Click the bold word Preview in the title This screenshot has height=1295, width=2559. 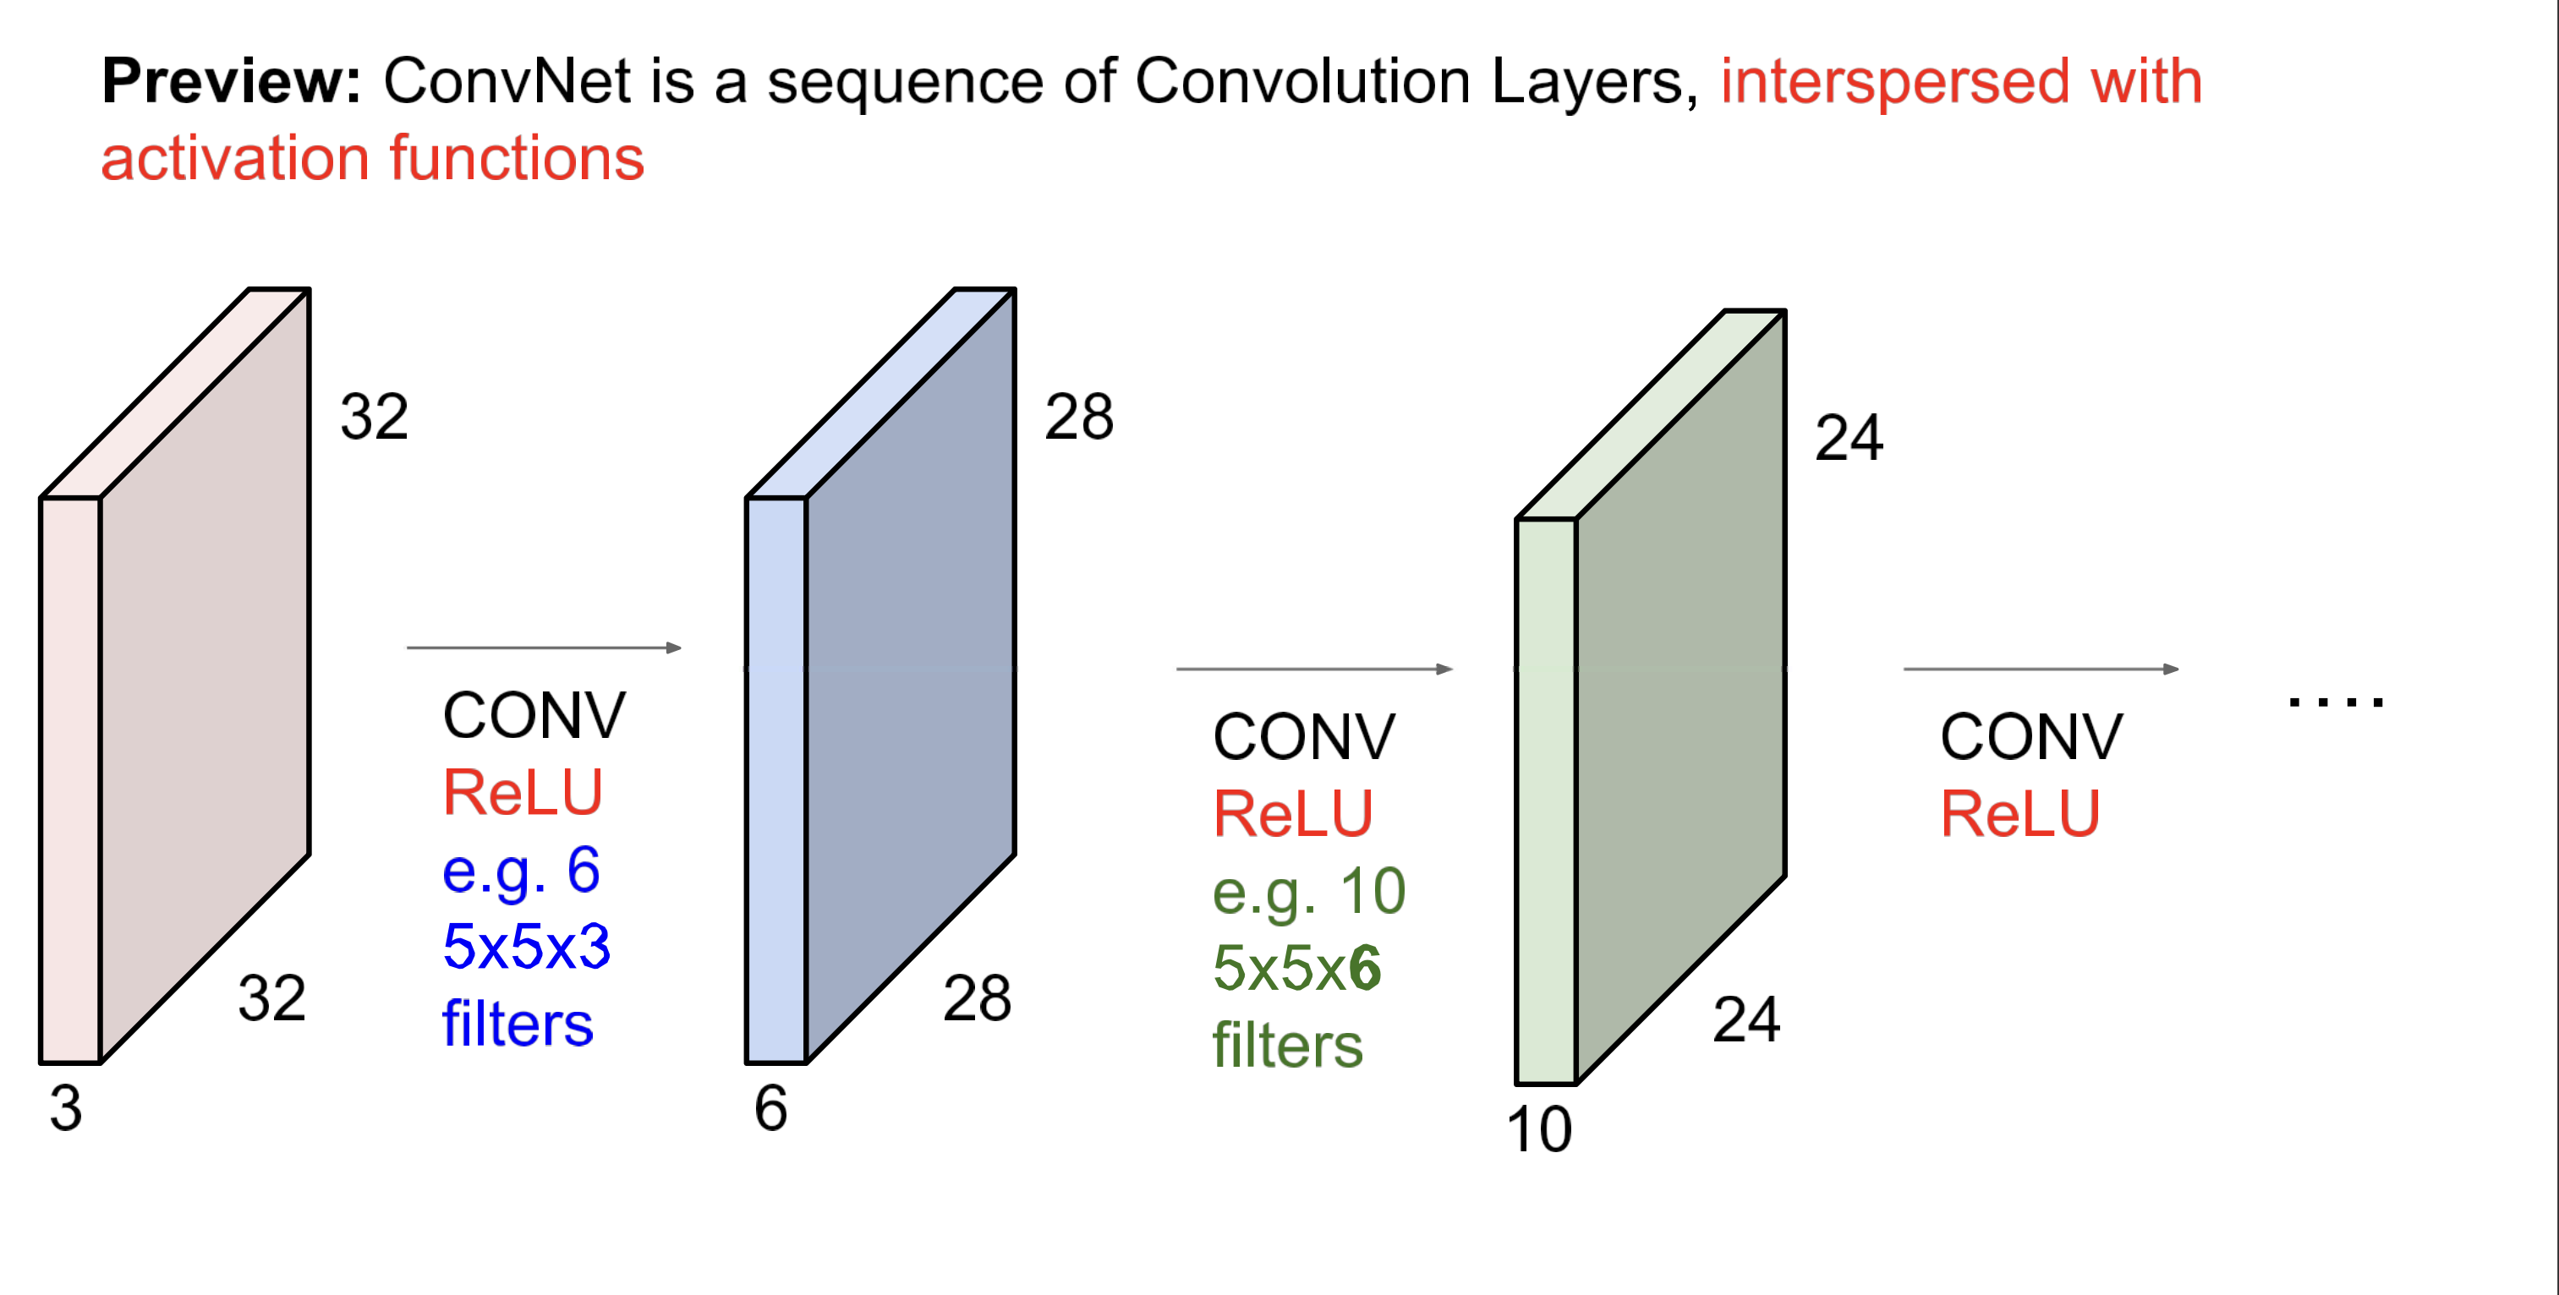[x=231, y=81]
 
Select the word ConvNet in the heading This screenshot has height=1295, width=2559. [x=507, y=81]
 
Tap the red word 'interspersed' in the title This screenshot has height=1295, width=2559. [x=1894, y=81]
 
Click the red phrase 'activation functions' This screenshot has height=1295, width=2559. [x=373, y=159]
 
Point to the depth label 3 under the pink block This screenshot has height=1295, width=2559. [x=67, y=1108]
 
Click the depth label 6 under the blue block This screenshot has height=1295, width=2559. [x=771, y=1108]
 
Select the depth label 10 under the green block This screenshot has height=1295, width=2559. [x=1539, y=1130]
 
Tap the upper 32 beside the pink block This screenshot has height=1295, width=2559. [x=375, y=417]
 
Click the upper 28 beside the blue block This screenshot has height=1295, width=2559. [x=1079, y=417]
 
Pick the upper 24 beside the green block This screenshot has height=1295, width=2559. [x=1849, y=438]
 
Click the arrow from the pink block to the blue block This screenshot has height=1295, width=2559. [x=545, y=647]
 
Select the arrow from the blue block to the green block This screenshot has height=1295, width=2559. [x=1314, y=669]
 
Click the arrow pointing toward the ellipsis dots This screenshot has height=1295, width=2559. [x=2041, y=669]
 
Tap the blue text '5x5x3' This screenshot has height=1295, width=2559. [x=527, y=947]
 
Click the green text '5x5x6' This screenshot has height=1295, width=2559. [x=1296, y=968]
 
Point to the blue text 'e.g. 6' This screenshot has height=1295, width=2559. [x=522, y=871]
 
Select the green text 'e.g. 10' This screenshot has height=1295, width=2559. [x=1309, y=892]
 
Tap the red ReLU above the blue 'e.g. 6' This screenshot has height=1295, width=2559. [x=523, y=794]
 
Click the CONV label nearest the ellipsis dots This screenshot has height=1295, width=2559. [x=2031, y=738]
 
